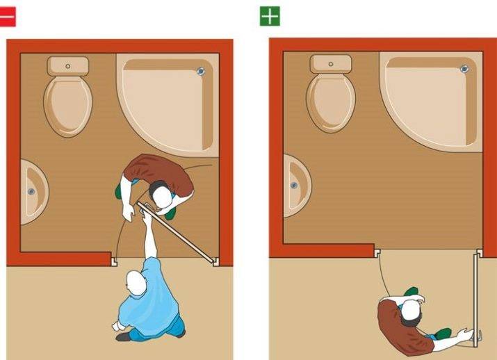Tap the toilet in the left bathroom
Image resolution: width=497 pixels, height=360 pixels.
pyautogui.click(x=67, y=104)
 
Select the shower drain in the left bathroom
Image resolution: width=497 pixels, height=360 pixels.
pyautogui.click(x=202, y=71)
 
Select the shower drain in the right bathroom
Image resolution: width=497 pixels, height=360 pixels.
pyautogui.click(x=464, y=68)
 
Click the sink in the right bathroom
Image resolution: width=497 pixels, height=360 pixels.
pyautogui.click(x=295, y=185)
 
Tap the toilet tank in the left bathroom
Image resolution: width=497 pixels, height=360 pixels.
pyautogui.click(x=68, y=67)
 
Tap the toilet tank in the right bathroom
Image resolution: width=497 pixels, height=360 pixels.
pyautogui.click(x=331, y=65)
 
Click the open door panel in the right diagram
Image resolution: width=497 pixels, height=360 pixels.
pyautogui.click(x=476, y=299)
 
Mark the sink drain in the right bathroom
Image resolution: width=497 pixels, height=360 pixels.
pyautogui.click(x=295, y=186)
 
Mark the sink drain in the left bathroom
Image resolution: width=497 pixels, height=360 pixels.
pyautogui.click(x=31, y=192)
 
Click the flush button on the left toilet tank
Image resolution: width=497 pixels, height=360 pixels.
pyautogui.click(x=68, y=67)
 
